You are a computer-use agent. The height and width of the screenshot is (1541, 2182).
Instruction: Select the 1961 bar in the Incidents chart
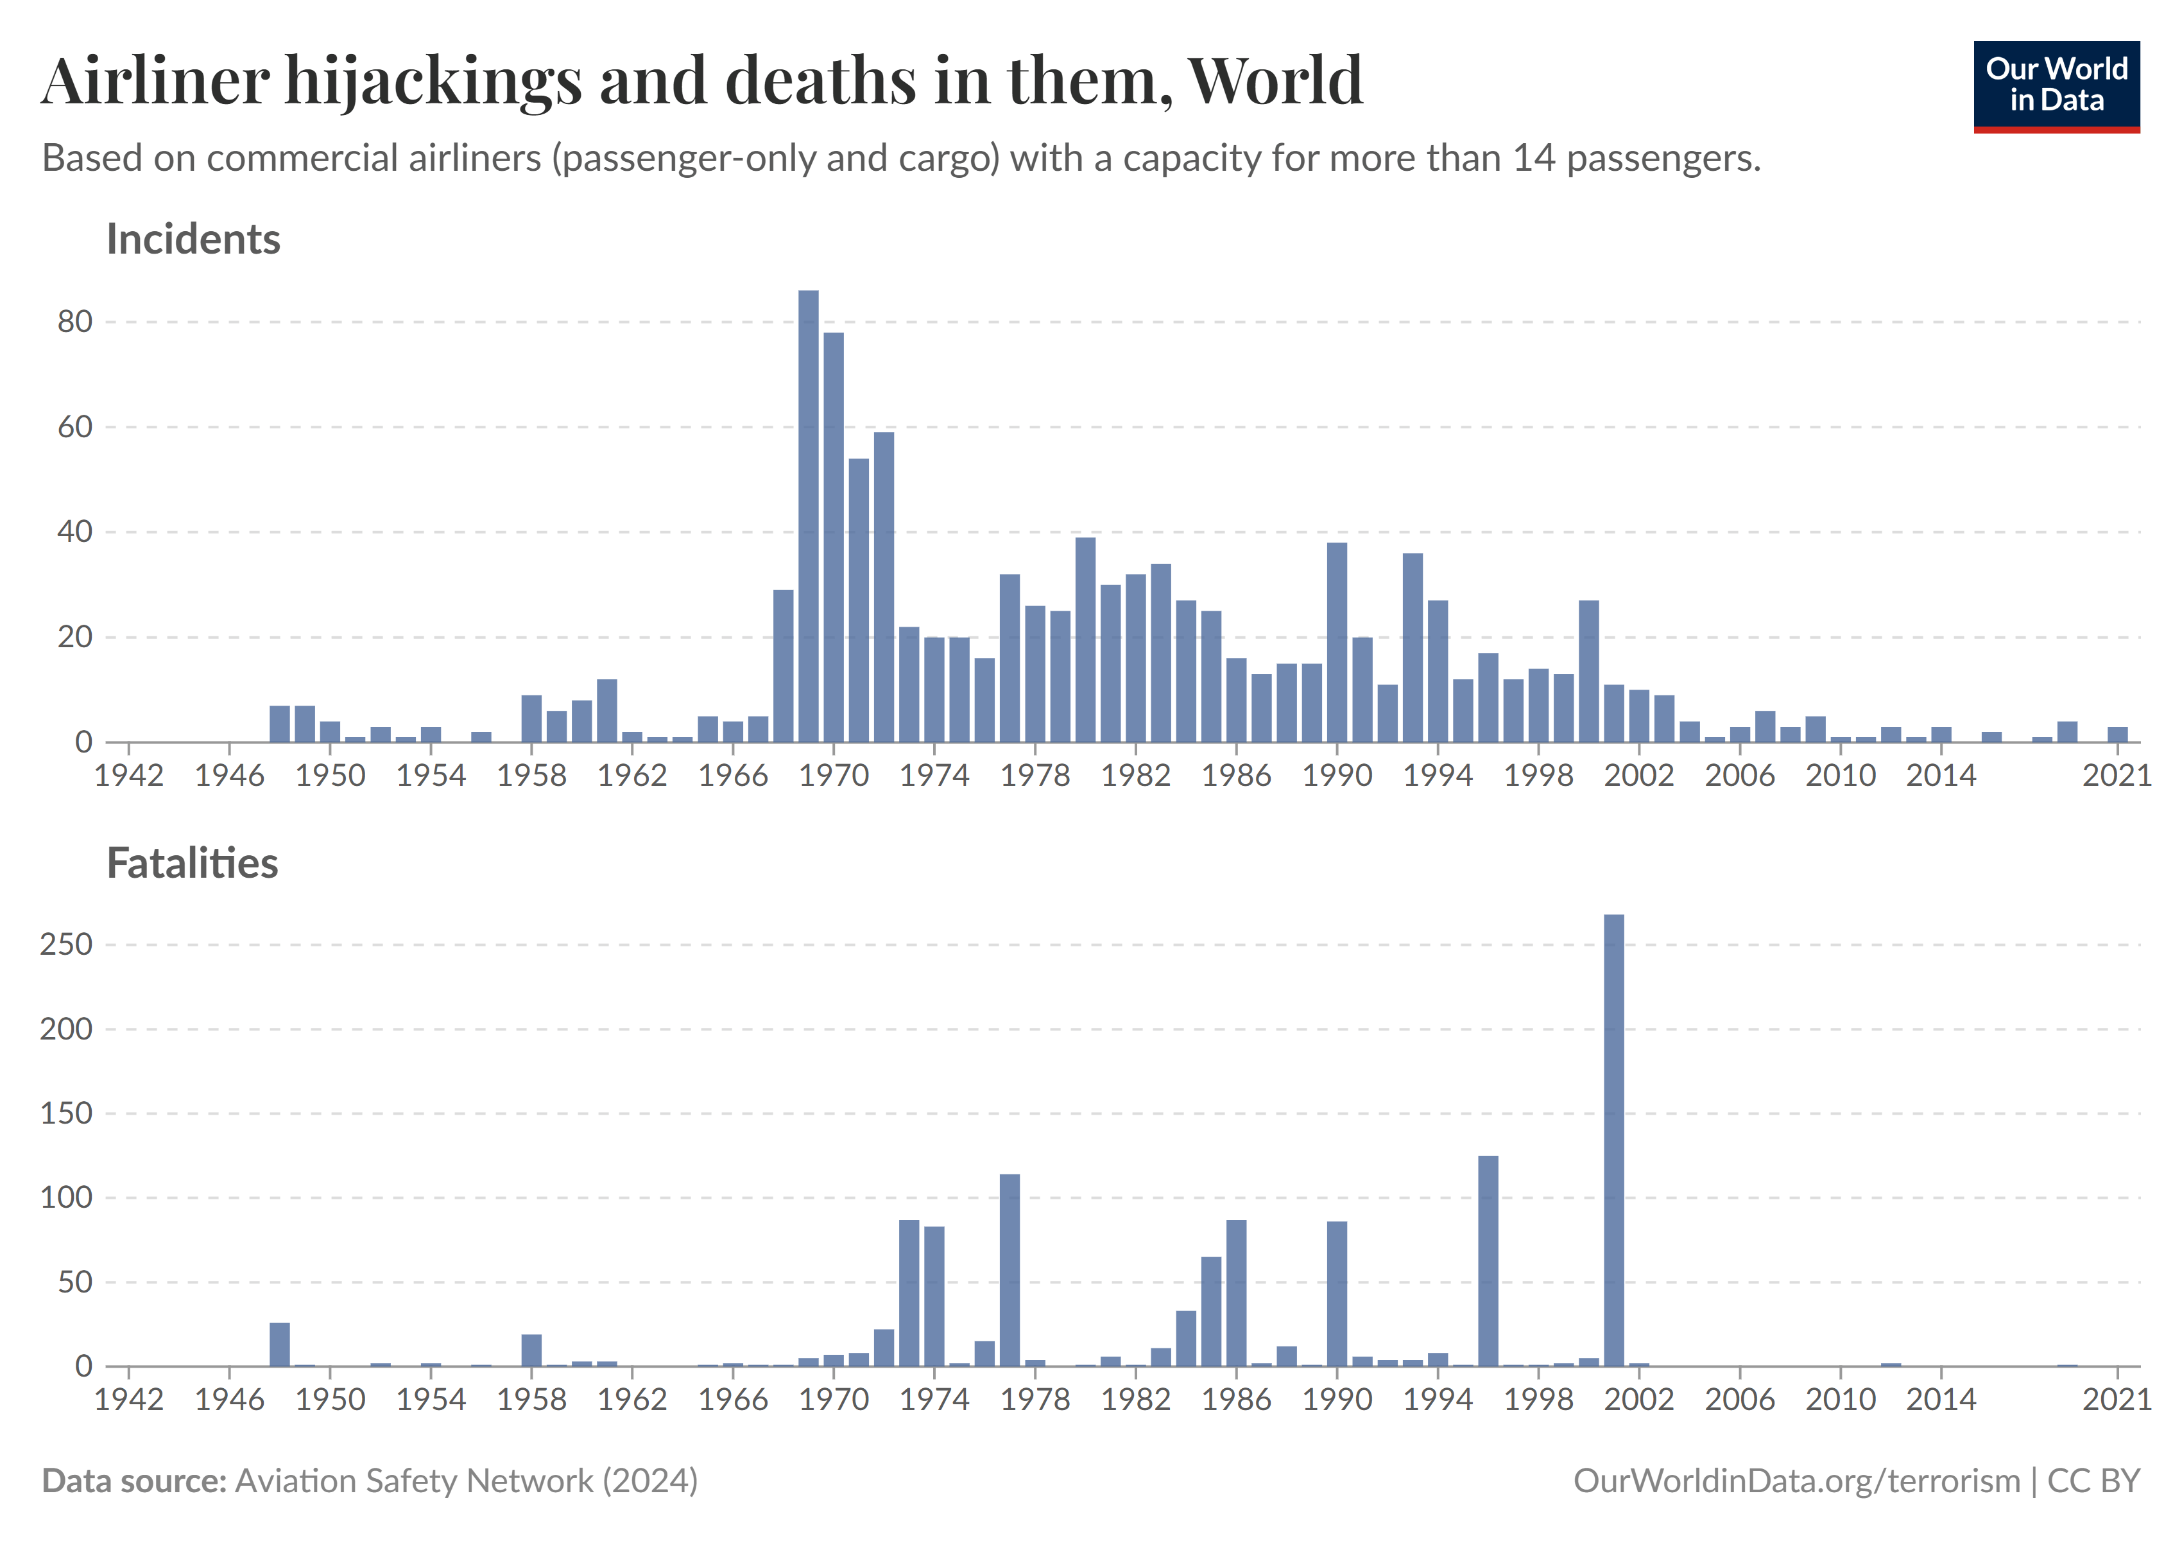[x=606, y=710]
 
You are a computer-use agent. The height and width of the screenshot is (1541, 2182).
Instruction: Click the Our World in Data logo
[x=2056, y=85]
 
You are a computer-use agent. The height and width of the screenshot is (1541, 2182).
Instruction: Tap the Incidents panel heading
[x=193, y=239]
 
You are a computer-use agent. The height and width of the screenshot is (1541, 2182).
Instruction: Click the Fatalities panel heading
[x=192, y=863]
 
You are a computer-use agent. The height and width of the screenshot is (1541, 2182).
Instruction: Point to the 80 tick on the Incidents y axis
[x=75, y=322]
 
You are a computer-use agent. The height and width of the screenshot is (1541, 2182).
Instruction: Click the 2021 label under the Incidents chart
[x=2117, y=776]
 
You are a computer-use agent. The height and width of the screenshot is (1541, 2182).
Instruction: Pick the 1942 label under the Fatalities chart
[x=129, y=1399]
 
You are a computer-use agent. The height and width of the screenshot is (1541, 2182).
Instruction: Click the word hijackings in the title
[x=433, y=81]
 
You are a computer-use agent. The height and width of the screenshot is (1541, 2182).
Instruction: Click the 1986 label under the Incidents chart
[x=1235, y=776]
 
